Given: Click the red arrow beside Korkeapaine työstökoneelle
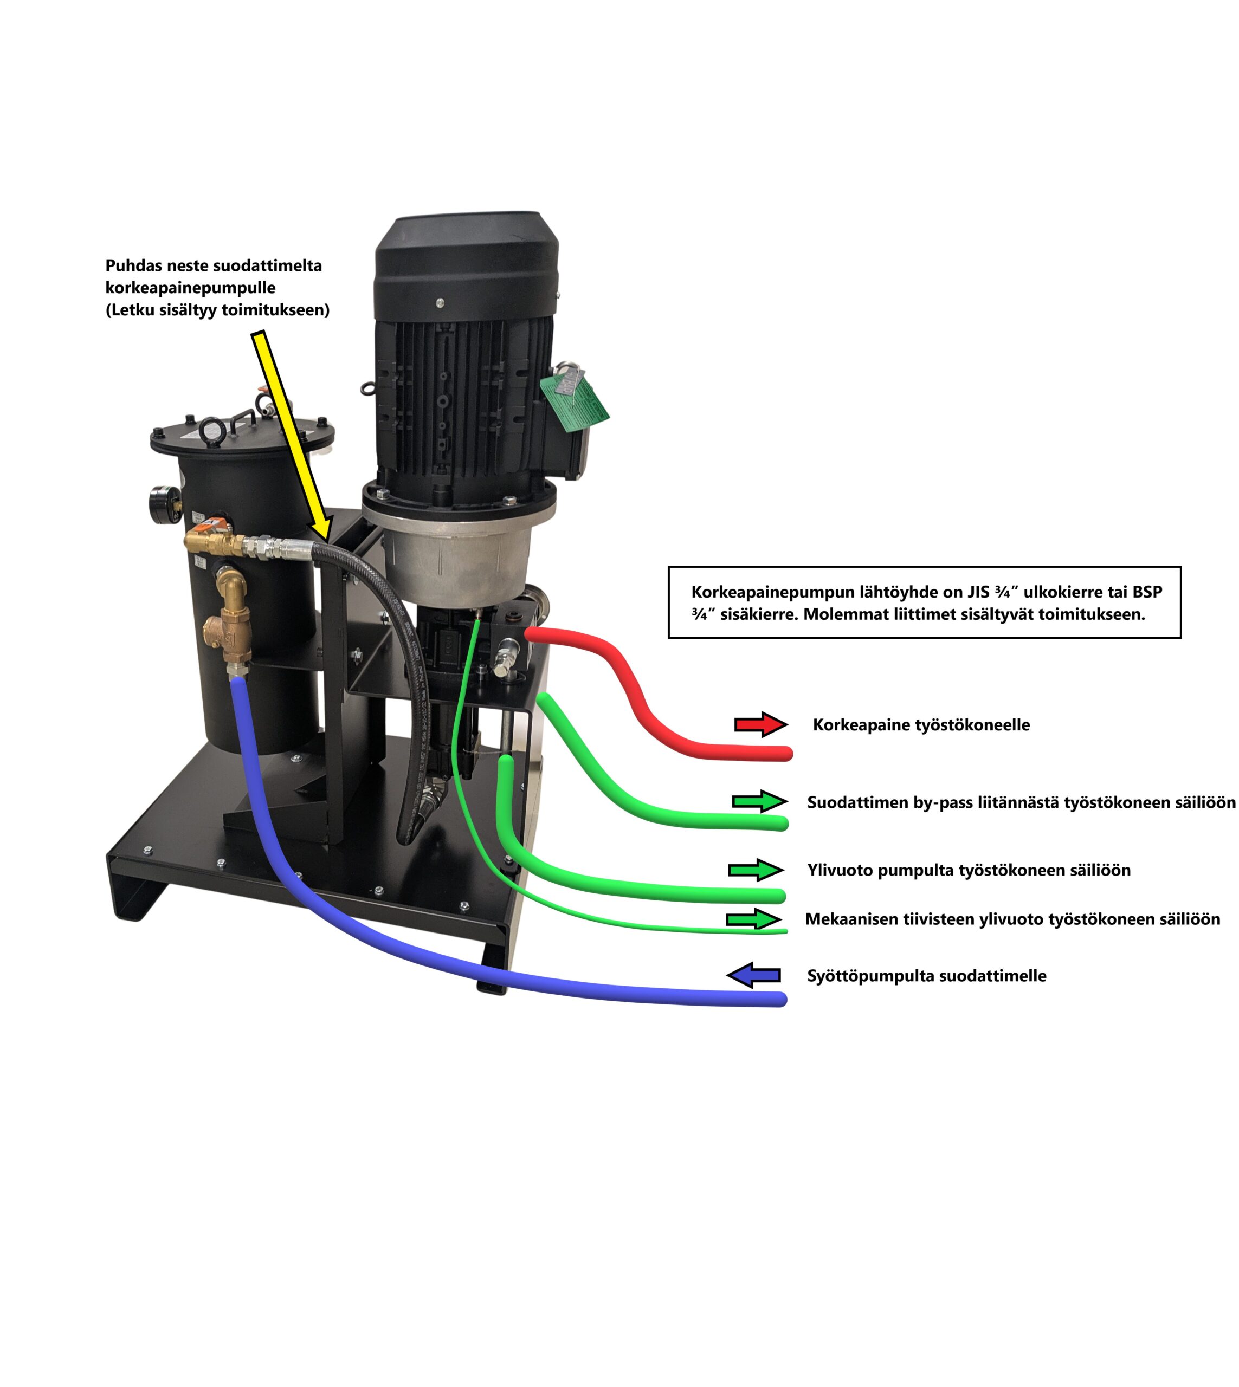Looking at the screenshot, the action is pyautogui.click(x=760, y=725).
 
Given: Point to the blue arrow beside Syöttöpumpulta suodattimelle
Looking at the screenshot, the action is pyautogui.click(x=753, y=975).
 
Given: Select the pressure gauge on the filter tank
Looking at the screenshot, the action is pyautogui.click(x=163, y=503).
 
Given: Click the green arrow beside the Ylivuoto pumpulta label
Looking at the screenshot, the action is pyautogui.click(x=756, y=870).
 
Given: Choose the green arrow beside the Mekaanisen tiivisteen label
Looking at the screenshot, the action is pyautogui.click(x=753, y=919).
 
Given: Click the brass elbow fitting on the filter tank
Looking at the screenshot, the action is pyautogui.click(x=232, y=585).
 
